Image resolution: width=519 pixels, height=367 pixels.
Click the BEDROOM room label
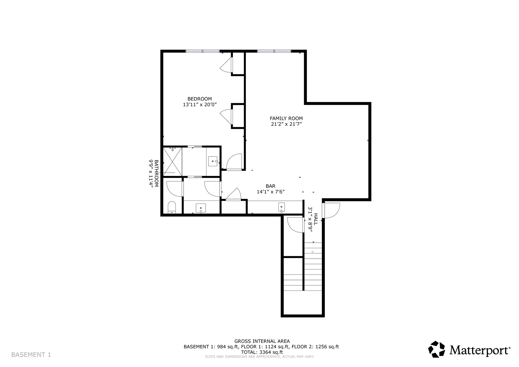click(x=200, y=99)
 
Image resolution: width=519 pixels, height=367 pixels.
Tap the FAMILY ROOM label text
click(x=286, y=118)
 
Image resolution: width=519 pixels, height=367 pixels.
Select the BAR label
click(x=271, y=186)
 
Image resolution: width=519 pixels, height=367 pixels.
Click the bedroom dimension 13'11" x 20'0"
click(x=200, y=105)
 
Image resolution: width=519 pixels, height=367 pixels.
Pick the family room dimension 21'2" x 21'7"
click(x=286, y=124)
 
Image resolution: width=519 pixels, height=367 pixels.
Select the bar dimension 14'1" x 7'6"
click(x=271, y=192)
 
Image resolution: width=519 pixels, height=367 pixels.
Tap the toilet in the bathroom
click(x=172, y=208)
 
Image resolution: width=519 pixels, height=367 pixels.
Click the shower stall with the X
click(x=172, y=161)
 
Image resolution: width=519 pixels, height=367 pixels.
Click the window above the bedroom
click(x=202, y=51)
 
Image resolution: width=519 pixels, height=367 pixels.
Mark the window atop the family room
click(x=274, y=51)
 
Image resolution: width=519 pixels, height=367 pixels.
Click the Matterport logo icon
click(x=437, y=349)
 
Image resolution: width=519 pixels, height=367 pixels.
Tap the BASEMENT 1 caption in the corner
click(x=31, y=355)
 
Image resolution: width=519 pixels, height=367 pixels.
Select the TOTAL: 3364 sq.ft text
click(x=262, y=352)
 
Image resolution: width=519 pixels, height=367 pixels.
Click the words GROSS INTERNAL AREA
click(x=262, y=341)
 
